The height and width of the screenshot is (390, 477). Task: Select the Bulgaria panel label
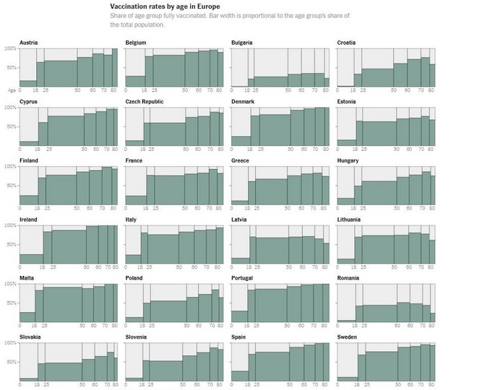242,43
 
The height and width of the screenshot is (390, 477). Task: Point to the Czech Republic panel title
145,102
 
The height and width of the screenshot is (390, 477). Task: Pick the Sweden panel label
349,337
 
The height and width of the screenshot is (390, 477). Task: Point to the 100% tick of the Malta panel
11,284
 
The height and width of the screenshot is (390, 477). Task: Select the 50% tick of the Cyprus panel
11,126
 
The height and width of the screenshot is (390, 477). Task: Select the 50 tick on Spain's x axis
288,385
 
